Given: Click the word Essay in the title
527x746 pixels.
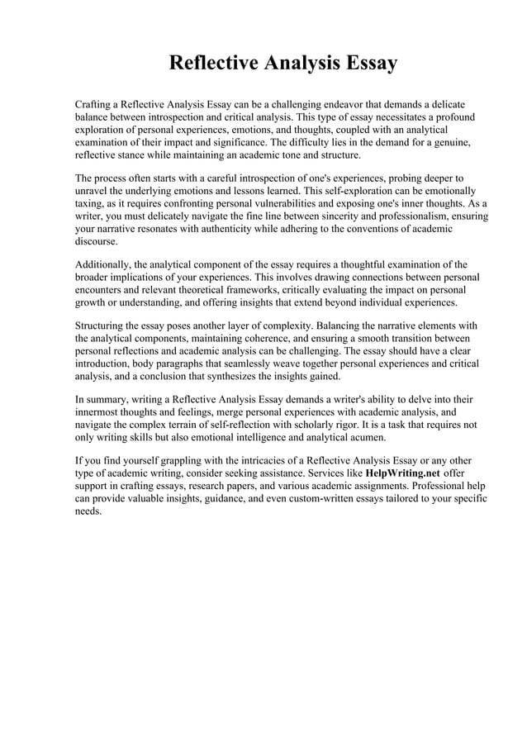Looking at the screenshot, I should tap(368, 63).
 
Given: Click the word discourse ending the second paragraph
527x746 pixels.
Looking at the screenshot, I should tap(97, 241).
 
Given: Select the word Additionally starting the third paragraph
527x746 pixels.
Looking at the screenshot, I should tap(106, 265).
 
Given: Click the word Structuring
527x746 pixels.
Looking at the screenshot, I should tap(103, 326).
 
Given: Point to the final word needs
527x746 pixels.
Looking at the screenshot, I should tap(88, 511).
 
